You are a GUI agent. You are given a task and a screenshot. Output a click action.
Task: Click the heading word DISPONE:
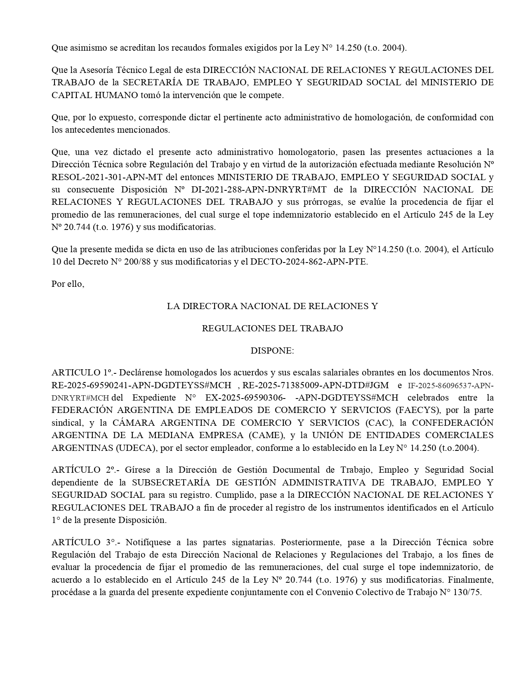click(272, 351)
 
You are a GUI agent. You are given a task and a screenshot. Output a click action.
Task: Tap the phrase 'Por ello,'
click(68, 284)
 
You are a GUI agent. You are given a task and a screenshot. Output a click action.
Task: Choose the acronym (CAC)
click(374, 423)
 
